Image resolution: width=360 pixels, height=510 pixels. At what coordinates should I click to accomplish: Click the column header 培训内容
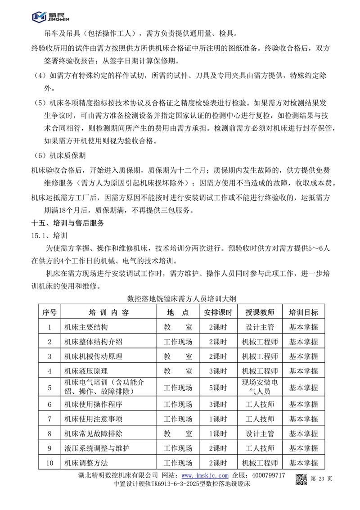pos(108,313)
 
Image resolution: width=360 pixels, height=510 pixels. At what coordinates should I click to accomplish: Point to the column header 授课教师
pos(260,313)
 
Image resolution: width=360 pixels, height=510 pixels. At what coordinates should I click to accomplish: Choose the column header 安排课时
pos(218,313)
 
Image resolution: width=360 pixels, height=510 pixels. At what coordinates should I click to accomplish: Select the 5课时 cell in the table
pos(218,387)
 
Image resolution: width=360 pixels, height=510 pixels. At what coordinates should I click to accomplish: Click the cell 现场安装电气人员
pos(260,387)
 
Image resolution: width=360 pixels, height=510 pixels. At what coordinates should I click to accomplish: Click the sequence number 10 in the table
pos(49,462)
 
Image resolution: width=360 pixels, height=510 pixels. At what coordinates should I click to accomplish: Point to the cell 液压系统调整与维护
pos(97,448)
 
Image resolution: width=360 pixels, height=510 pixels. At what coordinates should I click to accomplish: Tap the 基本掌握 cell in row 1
pos(303,327)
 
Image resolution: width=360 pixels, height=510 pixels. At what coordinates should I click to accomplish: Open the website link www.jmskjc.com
pos(205,476)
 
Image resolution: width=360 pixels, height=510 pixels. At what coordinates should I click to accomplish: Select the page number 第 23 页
pos(322,478)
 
